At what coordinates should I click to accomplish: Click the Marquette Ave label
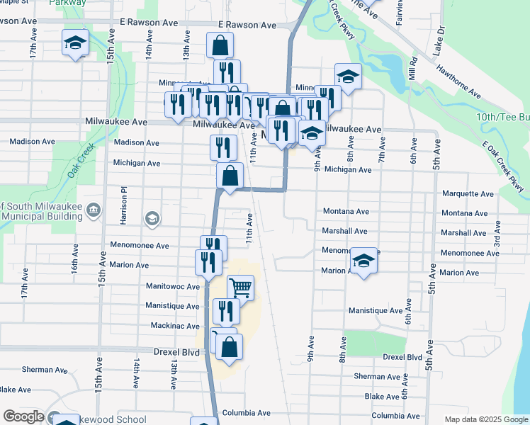pyautogui.click(x=468, y=193)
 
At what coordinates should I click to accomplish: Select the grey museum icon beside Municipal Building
pyautogui.click(x=94, y=210)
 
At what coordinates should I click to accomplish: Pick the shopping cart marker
pyautogui.click(x=240, y=287)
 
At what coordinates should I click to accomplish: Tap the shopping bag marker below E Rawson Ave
pyautogui.click(x=220, y=46)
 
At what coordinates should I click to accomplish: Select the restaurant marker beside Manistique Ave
pyautogui.click(x=226, y=310)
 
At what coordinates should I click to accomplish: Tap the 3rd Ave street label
pyautogui.click(x=497, y=234)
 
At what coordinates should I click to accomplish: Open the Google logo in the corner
pyautogui.click(x=23, y=416)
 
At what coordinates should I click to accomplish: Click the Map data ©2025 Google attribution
pyautogui.click(x=486, y=419)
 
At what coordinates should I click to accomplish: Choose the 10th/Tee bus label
pyautogui.click(x=502, y=117)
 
